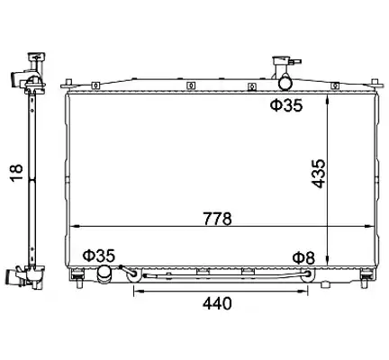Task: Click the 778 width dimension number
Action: [x=218, y=219]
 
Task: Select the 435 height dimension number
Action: [x=319, y=174]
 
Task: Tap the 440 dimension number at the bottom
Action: [x=217, y=303]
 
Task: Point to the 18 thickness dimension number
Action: [x=17, y=173]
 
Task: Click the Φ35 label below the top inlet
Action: [x=286, y=105]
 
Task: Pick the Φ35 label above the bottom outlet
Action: [x=99, y=256]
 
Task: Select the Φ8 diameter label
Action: [x=303, y=258]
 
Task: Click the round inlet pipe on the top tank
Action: [x=285, y=82]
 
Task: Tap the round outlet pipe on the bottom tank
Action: [x=104, y=274]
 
